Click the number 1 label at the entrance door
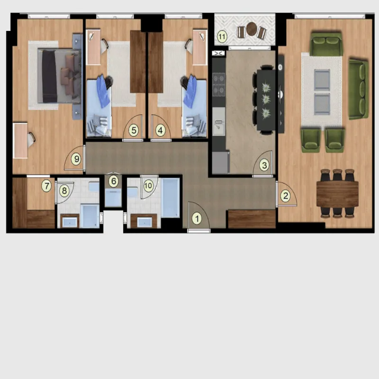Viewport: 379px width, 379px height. pos(197,218)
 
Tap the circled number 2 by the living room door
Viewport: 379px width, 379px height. pos(286,196)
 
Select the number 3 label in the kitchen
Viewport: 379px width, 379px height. pos(264,165)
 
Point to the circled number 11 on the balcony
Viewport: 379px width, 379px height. pos(222,37)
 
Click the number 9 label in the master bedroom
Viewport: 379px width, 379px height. pos(77,159)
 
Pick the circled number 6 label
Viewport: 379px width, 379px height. pos(114,181)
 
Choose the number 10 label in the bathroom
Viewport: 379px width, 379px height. pos(148,186)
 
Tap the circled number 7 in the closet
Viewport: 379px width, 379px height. pos(46,186)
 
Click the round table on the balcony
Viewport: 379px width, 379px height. pos(252,28)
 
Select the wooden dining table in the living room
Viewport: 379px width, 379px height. pos(337,194)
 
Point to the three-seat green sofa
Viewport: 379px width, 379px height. pos(359,90)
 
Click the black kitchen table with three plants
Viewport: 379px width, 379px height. pos(266,100)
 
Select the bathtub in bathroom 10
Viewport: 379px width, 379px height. pos(171,198)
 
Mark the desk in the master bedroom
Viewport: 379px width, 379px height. pos(20,140)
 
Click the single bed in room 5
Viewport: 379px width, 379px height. pos(99,108)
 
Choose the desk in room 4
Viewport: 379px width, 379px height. pos(199,47)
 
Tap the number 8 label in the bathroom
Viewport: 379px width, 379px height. pos(64,191)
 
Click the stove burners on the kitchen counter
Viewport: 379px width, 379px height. pos(219,84)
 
